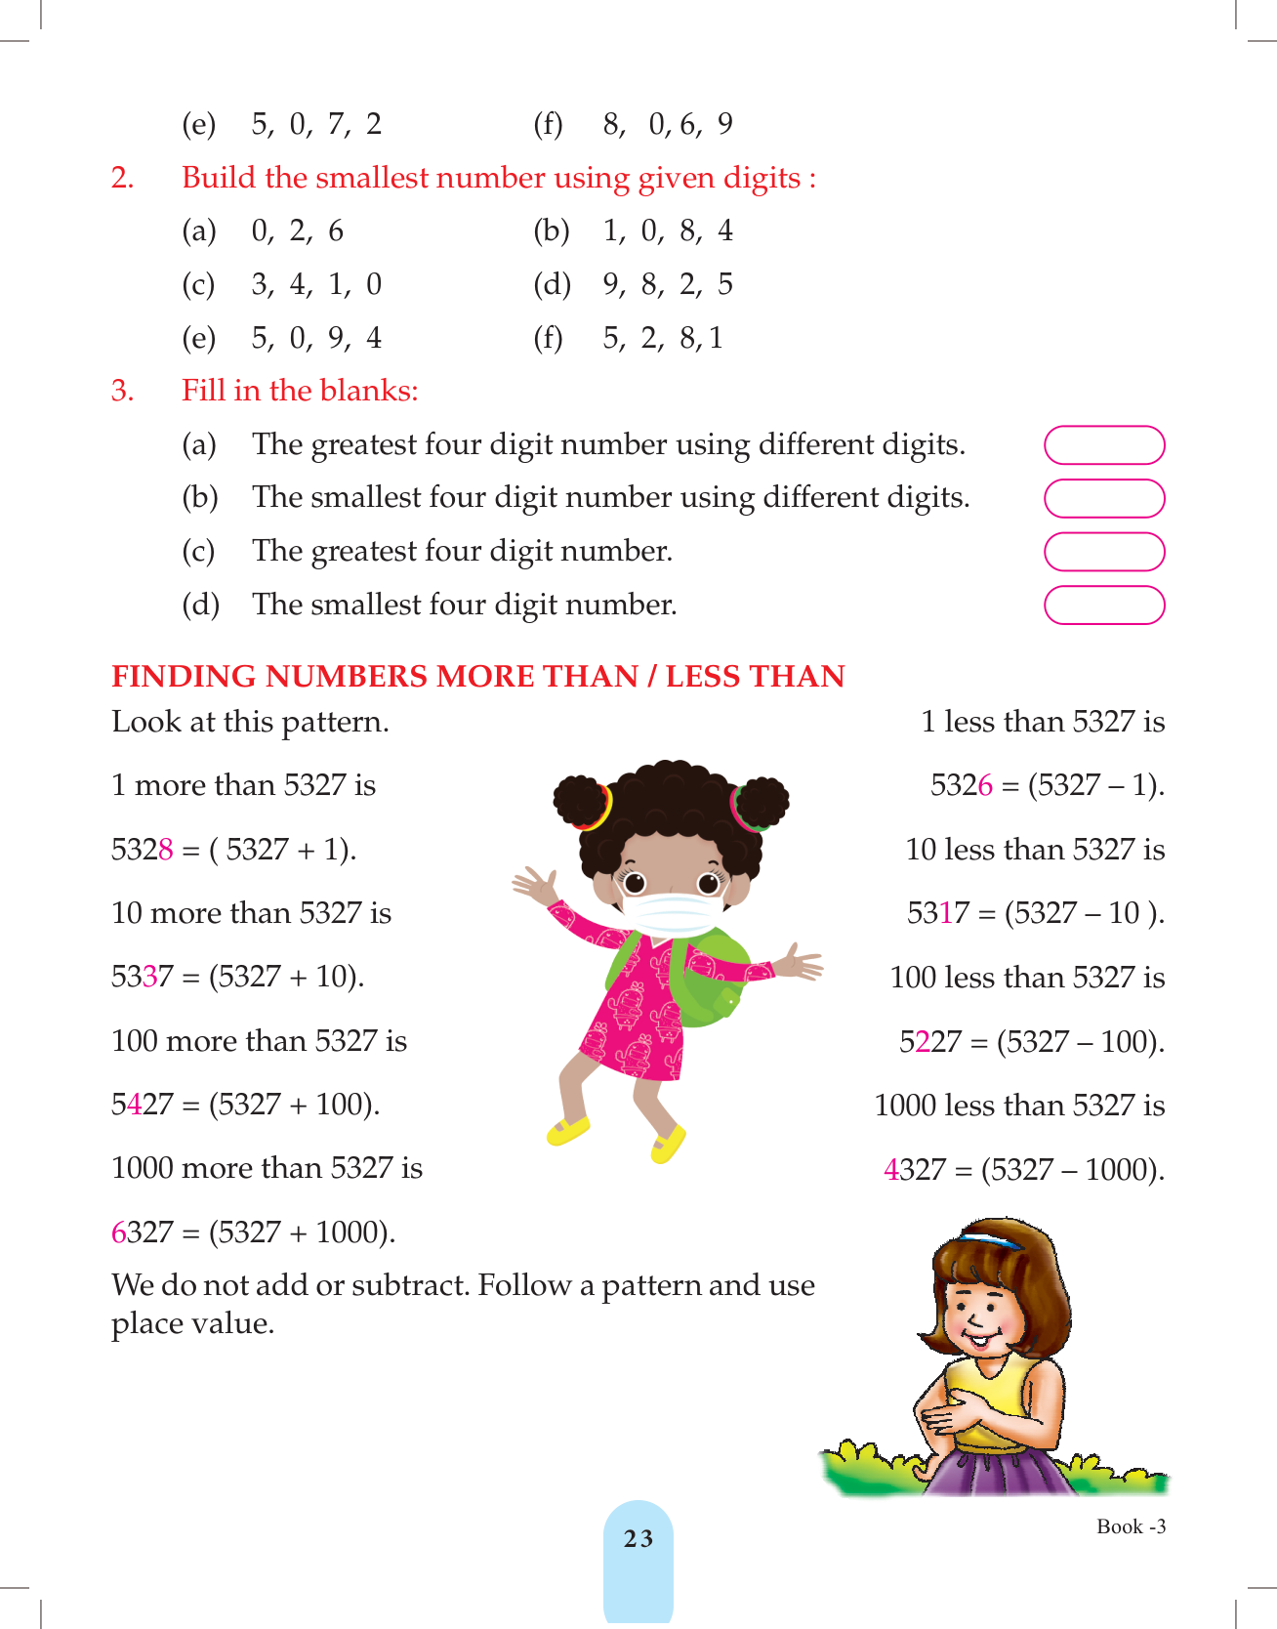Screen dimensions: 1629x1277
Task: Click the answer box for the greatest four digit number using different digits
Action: (1104, 445)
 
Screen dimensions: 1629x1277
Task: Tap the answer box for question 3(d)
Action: (1104, 605)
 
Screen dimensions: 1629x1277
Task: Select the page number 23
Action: (638, 1539)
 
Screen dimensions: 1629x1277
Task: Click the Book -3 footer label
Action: (1131, 1526)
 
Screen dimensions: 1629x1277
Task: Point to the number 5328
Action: (142, 850)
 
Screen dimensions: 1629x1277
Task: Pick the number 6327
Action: (142, 1232)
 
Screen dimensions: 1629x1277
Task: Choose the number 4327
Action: (914, 1169)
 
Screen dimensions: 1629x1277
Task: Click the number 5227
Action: (929, 1042)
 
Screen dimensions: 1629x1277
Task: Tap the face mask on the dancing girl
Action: (671, 911)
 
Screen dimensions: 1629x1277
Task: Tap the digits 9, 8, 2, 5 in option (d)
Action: (668, 284)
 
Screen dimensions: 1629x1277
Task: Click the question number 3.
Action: (122, 391)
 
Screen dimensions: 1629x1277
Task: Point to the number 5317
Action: (937, 913)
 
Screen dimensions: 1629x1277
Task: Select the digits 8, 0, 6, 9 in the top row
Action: (668, 124)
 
